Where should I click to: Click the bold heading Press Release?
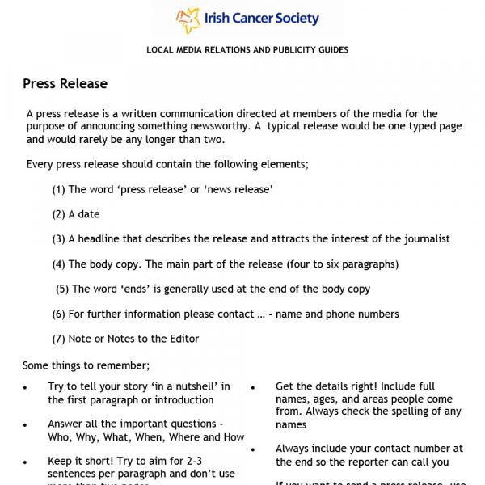tap(65, 84)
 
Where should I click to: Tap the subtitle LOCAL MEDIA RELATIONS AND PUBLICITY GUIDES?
tap(247, 50)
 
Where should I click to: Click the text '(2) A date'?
tap(76, 214)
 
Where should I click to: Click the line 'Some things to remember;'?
tap(86, 365)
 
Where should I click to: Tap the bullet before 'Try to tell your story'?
tap(25, 389)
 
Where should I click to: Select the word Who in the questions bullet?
tap(59, 437)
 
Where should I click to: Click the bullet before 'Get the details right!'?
tap(253, 389)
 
